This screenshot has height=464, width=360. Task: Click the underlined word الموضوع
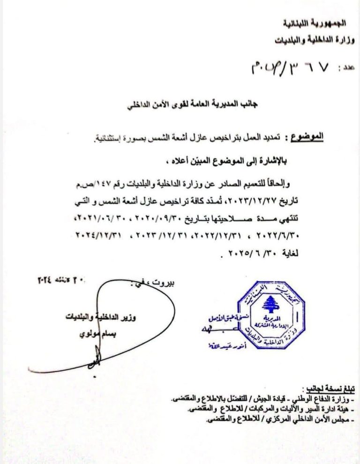[307, 137]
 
